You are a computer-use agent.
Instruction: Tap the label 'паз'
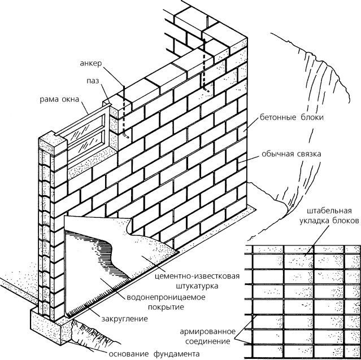point(94,81)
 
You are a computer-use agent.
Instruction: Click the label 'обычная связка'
point(291,154)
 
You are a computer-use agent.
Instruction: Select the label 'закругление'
point(125,319)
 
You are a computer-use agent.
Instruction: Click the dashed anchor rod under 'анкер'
point(124,113)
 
